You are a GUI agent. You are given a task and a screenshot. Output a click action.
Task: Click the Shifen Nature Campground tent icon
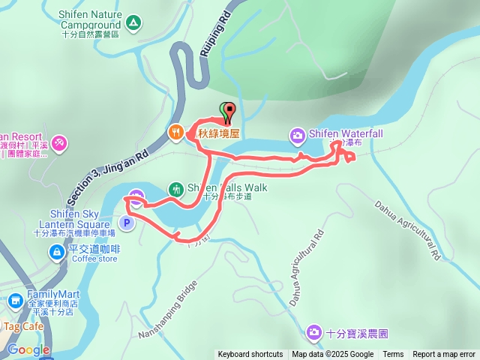(x=133, y=23)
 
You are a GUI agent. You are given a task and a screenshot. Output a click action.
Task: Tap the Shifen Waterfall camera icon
(x=297, y=135)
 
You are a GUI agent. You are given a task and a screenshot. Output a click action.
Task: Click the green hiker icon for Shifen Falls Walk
(x=176, y=189)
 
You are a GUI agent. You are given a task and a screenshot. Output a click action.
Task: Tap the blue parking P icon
(x=127, y=222)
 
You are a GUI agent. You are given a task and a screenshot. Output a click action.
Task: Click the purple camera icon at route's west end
(x=136, y=198)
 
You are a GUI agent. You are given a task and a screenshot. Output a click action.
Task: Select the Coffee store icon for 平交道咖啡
(x=56, y=253)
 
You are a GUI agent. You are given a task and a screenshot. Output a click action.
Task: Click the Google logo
(x=28, y=349)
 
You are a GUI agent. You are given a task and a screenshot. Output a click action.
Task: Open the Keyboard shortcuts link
(x=250, y=355)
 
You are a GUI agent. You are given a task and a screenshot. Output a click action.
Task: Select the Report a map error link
(x=444, y=355)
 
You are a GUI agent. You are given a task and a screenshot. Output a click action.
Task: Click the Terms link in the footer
(x=393, y=355)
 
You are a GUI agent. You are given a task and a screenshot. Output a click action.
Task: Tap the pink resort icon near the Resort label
(x=59, y=142)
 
